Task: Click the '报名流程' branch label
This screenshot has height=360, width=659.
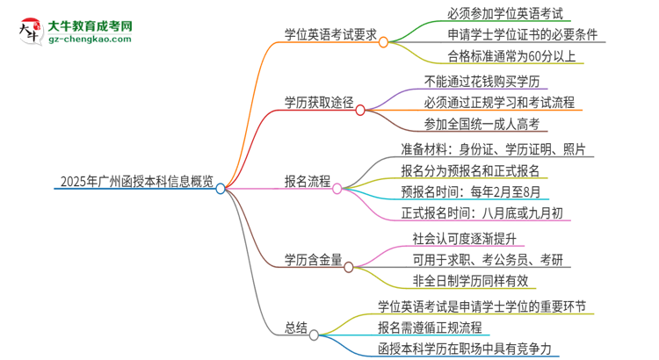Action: point(308,183)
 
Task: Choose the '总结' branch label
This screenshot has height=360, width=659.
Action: point(296,328)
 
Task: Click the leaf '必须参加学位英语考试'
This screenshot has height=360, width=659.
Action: point(497,14)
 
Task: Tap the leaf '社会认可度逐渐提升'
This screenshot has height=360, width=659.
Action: point(468,237)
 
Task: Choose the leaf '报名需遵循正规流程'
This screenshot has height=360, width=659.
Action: point(430,328)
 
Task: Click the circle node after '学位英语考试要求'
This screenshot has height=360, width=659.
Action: point(383,41)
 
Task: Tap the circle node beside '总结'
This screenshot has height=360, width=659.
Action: point(315,335)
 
